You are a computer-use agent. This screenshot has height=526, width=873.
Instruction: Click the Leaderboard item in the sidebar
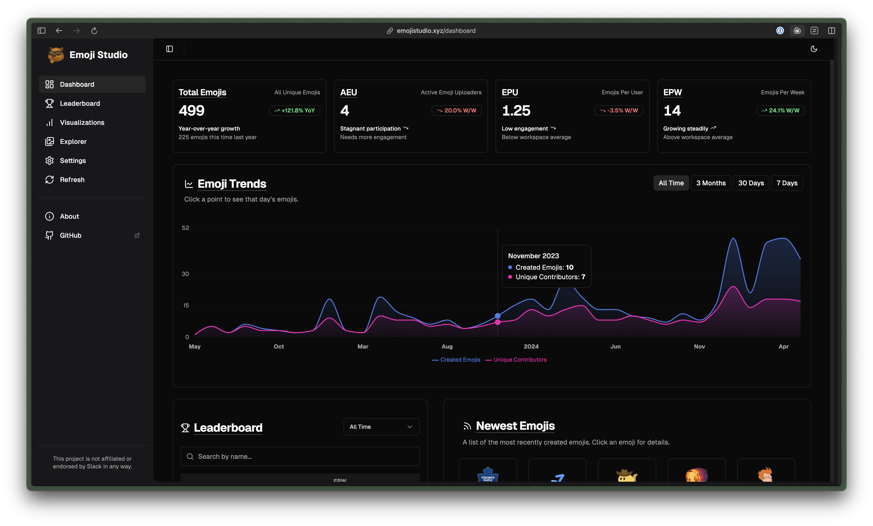[80, 103]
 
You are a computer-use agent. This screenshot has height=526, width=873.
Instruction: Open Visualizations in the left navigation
[82, 123]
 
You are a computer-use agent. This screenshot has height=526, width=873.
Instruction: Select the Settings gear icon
[50, 161]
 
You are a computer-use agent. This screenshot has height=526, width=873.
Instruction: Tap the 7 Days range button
[787, 183]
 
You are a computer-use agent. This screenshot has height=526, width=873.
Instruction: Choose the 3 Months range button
[711, 183]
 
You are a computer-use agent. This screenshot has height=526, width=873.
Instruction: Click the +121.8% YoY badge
[294, 111]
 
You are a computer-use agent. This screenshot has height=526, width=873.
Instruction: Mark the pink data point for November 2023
[497, 322]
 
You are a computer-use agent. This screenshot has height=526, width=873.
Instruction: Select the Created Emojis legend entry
[460, 360]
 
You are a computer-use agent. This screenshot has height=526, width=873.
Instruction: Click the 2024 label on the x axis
[531, 347]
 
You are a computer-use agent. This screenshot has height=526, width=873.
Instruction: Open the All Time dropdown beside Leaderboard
[381, 427]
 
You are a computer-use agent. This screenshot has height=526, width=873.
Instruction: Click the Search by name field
[300, 456]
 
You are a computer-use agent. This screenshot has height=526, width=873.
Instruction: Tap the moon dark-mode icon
[814, 49]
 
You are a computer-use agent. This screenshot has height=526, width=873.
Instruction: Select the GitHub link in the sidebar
[70, 236]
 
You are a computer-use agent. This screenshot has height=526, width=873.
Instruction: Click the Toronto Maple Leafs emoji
[487, 474]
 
